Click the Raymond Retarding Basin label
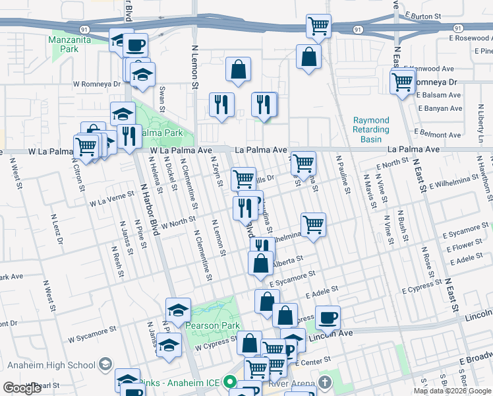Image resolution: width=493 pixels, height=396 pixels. tap(371, 130)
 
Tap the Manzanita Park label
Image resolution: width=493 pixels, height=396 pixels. tap(72, 44)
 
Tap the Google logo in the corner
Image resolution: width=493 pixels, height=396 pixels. tap(22, 388)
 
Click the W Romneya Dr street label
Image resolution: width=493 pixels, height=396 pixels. tap(97, 84)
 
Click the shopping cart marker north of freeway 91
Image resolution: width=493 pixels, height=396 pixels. tap(318, 26)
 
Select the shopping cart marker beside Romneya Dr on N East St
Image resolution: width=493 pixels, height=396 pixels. tap(402, 82)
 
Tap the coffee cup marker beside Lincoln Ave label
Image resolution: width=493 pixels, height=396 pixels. tap(328, 317)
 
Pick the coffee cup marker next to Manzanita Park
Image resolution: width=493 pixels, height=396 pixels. tap(135, 45)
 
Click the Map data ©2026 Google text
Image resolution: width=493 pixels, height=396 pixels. tap(453, 391)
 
